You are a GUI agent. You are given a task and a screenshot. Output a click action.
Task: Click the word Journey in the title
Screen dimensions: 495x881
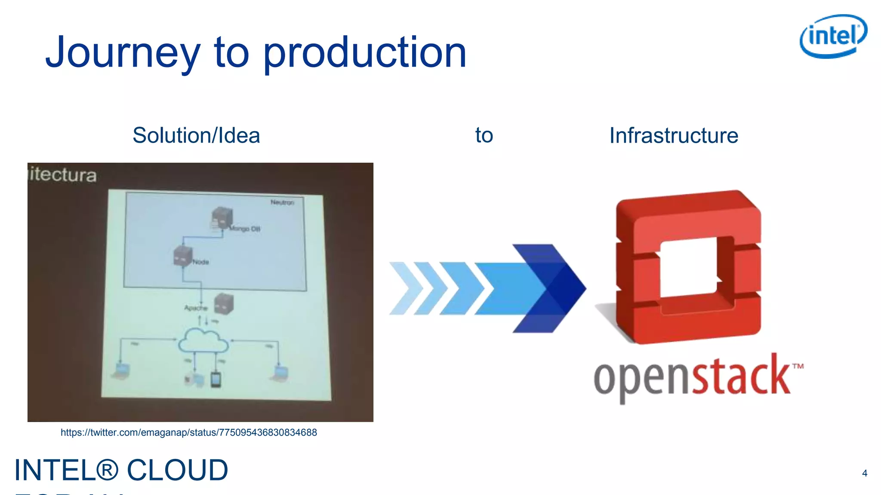[x=123, y=53]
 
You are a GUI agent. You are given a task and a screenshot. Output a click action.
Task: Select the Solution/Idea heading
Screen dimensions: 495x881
[x=196, y=135]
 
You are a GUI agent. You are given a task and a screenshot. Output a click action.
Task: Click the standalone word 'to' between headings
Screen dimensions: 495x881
[x=484, y=135]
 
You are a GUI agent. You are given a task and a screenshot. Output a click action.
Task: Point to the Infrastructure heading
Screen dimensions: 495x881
[x=674, y=135]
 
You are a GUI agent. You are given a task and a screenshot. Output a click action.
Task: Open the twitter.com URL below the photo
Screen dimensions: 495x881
[x=188, y=432]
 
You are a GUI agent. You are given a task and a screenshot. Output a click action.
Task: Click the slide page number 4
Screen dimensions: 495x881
[x=865, y=473]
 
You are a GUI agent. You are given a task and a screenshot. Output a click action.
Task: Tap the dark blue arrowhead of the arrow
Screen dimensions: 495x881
[x=555, y=288]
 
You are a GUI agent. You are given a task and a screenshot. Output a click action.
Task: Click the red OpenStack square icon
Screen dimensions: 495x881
[x=688, y=266]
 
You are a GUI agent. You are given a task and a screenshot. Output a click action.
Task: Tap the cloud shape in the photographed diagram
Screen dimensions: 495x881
[x=203, y=340]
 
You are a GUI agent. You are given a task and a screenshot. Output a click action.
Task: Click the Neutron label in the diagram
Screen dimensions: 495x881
[x=282, y=202]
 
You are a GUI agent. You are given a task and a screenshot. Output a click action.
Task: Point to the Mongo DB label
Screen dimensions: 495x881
[x=245, y=229]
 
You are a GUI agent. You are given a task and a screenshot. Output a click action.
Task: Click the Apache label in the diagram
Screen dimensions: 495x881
[x=196, y=308]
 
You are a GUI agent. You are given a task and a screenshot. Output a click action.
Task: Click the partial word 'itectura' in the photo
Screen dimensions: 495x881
[x=63, y=175]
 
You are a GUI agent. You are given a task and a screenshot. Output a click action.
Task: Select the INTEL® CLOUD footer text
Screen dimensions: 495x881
[x=121, y=470]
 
